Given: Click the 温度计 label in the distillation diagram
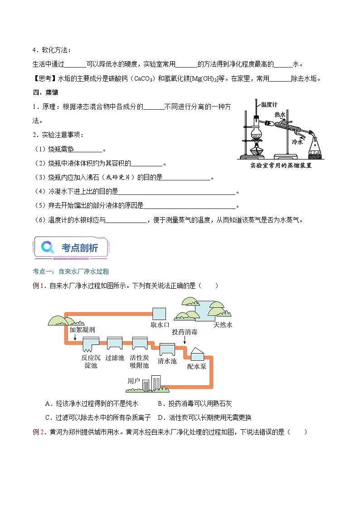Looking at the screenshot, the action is coord(270,104).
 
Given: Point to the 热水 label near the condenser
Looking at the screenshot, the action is coord(280,115).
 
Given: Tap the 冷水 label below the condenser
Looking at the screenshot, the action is coord(297,142).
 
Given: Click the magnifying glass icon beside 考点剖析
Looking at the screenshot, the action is coord(47,247).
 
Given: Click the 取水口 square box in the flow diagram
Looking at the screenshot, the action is coord(159,314).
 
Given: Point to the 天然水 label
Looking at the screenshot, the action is coord(223,325).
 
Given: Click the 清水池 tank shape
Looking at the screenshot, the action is coord(167,349).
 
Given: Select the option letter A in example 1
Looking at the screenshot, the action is coord(48,403).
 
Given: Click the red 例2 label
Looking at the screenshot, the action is coord(39,432).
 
